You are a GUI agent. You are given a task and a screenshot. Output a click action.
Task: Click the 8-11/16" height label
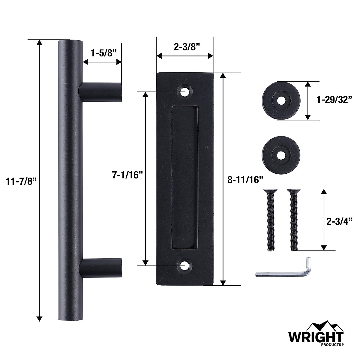pos(245,180)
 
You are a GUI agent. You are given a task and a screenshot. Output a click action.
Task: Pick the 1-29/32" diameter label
pos(334,100)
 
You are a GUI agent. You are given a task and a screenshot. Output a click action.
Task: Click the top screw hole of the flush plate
pos(185,91)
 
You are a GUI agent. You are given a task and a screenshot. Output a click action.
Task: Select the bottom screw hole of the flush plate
pos(185,265)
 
